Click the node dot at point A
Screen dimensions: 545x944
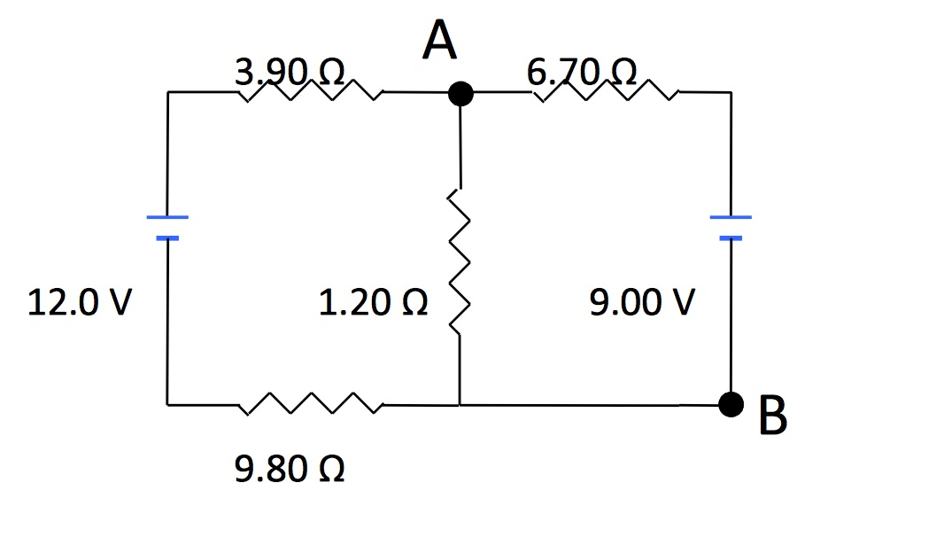coord(460,92)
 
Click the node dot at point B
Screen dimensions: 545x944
coord(731,405)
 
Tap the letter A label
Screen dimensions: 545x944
coord(440,41)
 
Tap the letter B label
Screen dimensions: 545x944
coord(773,417)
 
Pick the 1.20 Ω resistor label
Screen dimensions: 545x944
coord(374,303)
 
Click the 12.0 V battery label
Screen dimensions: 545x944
coord(81,303)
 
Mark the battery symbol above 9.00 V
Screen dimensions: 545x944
coord(731,227)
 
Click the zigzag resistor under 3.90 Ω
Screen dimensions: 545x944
coord(310,90)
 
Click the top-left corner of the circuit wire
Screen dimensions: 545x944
coord(167,92)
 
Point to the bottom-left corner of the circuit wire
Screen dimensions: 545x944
coord(167,405)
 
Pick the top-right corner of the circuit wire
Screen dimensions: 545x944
coord(731,92)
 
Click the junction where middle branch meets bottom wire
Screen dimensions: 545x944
coord(460,405)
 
